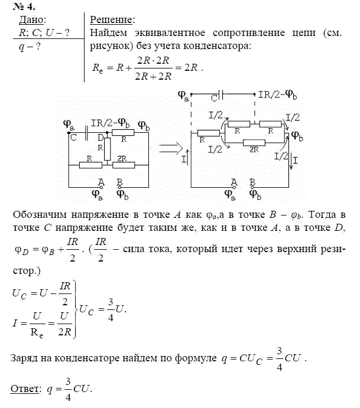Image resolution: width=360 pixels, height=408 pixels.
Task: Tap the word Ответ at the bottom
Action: pos(24,390)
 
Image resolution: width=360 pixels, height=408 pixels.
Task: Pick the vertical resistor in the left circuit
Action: pos(107,149)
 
